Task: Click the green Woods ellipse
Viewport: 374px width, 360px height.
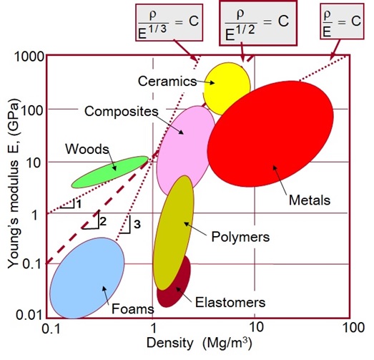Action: [110, 172]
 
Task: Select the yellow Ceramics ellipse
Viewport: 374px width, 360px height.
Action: [227, 89]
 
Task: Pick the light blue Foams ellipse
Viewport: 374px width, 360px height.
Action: [87, 278]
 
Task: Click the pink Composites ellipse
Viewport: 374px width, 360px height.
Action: [186, 151]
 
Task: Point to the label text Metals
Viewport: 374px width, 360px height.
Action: [310, 200]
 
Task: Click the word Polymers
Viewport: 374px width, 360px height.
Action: [240, 237]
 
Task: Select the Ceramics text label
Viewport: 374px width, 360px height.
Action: [167, 81]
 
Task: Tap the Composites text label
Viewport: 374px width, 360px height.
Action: [122, 112]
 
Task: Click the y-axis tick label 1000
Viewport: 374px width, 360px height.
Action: [29, 57]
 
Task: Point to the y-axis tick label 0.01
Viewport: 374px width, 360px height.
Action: [29, 315]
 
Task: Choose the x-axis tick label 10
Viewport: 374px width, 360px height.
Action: [255, 327]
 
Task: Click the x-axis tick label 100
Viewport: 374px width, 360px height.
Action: [353, 327]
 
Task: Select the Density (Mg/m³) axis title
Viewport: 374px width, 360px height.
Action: [200, 344]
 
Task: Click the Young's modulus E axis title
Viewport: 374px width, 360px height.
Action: [14, 183]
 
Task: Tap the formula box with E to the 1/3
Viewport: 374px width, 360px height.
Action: [169, 22]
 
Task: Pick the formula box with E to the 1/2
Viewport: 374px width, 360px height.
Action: [258, 23]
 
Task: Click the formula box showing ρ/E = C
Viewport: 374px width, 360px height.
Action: [342, 21]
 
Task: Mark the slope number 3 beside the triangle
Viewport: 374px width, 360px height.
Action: [137, 225]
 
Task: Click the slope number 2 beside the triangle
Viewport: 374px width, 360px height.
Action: [103, 222]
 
